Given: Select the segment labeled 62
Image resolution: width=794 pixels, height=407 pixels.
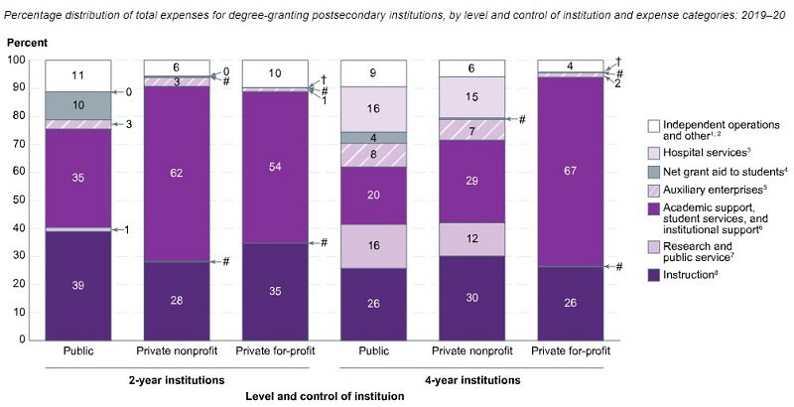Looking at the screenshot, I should tap(177, 174).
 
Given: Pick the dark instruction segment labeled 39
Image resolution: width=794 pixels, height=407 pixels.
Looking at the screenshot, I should tap(77, 286).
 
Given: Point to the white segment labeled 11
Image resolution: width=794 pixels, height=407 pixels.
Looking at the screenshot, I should tap(77, 74).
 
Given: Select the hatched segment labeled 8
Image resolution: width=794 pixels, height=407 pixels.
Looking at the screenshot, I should tap(373, 155).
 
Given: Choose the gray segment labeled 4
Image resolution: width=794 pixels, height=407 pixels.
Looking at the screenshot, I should tap(373, 137).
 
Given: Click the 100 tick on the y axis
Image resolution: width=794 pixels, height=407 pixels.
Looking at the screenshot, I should tap(25, 60).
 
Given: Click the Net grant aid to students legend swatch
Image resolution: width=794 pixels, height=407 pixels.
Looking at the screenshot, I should tap(653, 171).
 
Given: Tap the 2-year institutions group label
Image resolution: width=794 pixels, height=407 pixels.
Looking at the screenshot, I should tap(176, 378).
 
